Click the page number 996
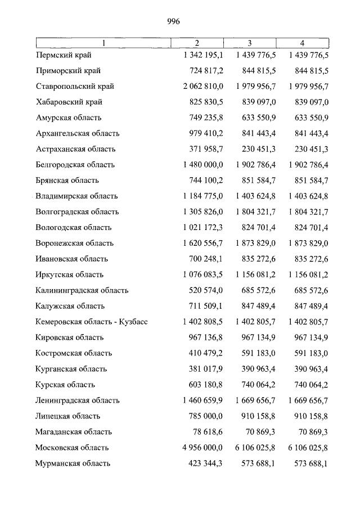(173, 21)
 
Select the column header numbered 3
(249, 43)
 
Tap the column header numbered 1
(103, 43)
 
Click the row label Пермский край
(63, 55)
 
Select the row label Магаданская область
(73, 433)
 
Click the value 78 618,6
(208, 433)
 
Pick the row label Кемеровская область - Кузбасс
(91, 322)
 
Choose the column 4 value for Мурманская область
(308, 464)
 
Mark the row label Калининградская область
(82, 291)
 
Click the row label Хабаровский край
(69, 102)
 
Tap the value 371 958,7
(206, 150)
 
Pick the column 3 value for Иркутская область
(253, 275)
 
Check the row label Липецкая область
(67, 417)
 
